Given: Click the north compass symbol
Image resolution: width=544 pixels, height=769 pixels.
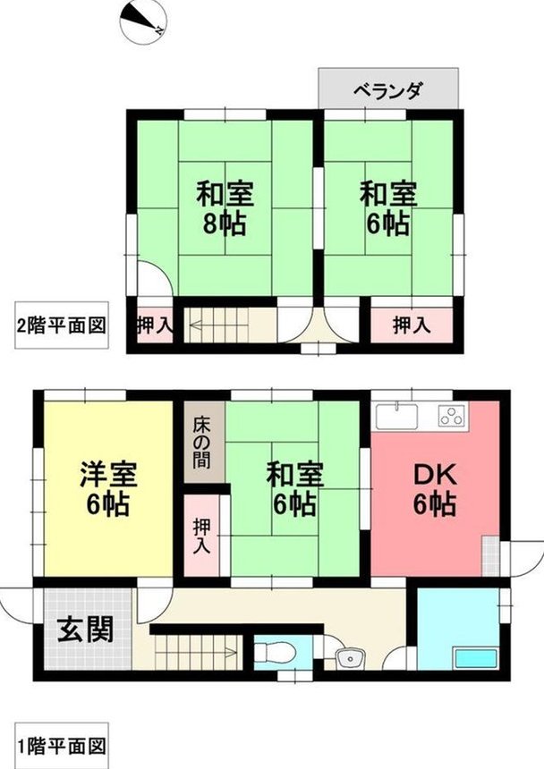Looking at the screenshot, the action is coord(143,22).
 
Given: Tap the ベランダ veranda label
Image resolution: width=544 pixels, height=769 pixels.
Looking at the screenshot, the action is coord(388,91).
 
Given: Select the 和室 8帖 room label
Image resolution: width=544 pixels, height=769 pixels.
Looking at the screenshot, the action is coord(225,208).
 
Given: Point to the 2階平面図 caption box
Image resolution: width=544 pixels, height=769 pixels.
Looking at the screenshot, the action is coord(62,325).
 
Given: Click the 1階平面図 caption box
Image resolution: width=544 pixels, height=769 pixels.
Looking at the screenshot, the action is coord(62,747).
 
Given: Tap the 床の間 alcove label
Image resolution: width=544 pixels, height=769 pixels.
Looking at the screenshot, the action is coord(201,442).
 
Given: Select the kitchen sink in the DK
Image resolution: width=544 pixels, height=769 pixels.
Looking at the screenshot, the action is coord(397,417).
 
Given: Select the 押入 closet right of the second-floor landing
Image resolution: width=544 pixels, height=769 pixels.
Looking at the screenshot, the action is coord(411,325).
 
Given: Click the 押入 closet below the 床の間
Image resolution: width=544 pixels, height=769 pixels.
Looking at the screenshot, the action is coord(201,536).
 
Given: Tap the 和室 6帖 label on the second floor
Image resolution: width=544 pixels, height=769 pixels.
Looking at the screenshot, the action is coord(388,208).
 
